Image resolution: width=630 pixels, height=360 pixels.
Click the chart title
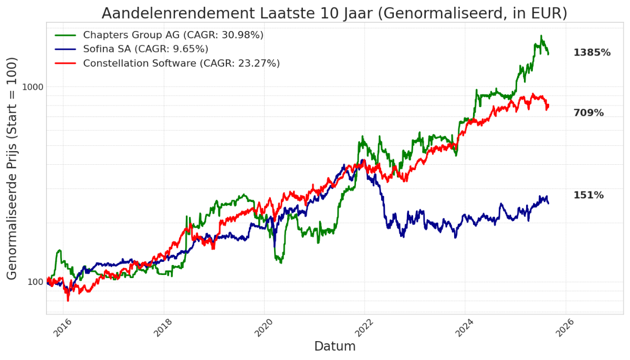(x=334, y=13)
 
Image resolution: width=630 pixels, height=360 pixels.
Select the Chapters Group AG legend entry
(x=173, y=35)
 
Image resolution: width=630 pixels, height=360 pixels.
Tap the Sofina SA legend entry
(x=145, y=49)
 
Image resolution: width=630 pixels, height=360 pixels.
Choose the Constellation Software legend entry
(x=181, y=63)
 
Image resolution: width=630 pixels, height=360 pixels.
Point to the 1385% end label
(x=592, y=52)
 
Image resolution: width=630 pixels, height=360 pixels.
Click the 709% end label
(x=588, y=113)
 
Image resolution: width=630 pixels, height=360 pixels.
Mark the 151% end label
(x=588, y=195)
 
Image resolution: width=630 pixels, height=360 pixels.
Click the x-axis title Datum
(x=334, y=346)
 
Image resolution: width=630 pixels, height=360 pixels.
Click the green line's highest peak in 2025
(x=541, y=36)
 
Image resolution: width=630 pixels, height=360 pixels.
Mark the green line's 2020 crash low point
(x=281, y=262)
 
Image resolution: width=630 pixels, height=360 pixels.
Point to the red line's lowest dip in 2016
(x=68, y=300)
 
